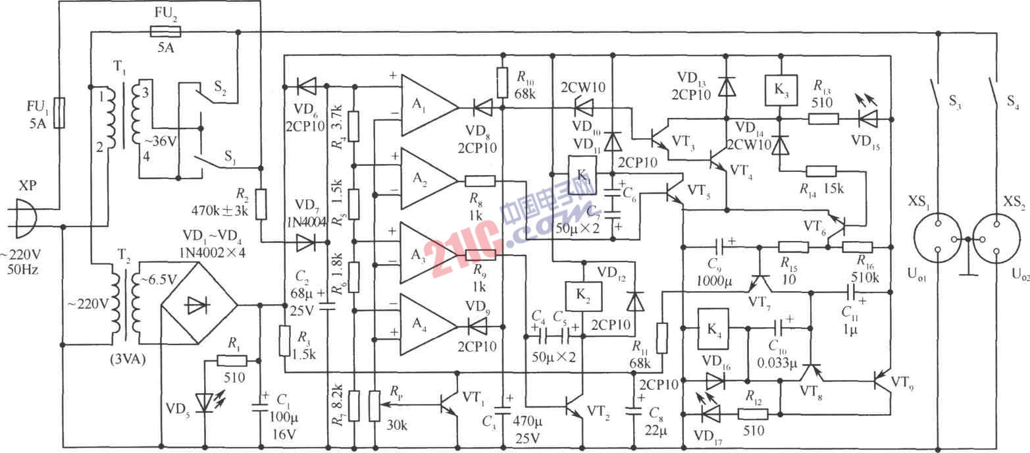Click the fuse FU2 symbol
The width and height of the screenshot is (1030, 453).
[162, 31]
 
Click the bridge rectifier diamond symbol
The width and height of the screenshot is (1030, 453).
[199, 305]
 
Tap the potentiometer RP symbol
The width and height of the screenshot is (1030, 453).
[374, 405]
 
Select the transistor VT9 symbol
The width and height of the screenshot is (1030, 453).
[881, 381]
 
